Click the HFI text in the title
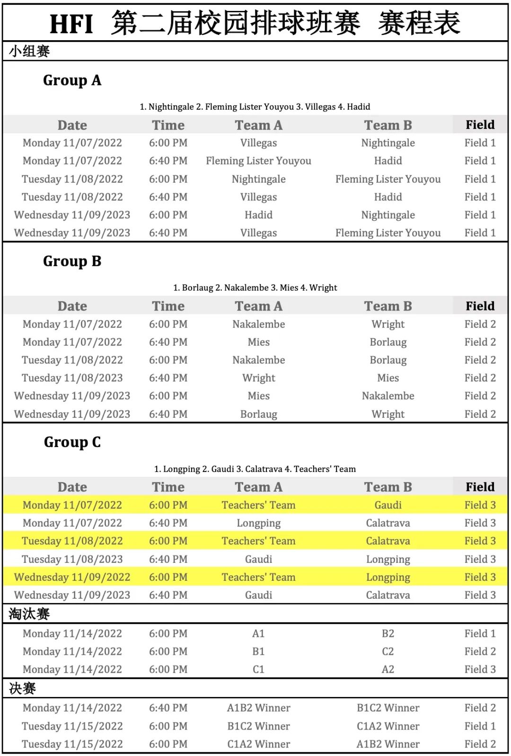point(71,24)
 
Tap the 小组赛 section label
point(29,51)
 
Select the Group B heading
point(72,261)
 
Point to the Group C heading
point(72,442)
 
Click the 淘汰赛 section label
point(29,614)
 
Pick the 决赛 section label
point(22,688)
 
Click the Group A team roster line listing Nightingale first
point(255,107)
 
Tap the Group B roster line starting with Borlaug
point(255,288)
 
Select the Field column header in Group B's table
point(480,306)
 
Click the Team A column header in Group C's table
point(258,487)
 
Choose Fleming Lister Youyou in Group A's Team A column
point(258,161)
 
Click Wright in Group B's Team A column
point(258,378)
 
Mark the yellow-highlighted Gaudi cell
point(388,505)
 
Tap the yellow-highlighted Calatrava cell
point(388,541)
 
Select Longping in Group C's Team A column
point(258,523)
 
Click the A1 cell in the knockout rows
point(258,634)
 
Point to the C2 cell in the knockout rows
point(388,652)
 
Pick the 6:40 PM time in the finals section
point(168,708)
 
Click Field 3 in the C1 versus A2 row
point(480,670)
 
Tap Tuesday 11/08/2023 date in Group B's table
point(72,378)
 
